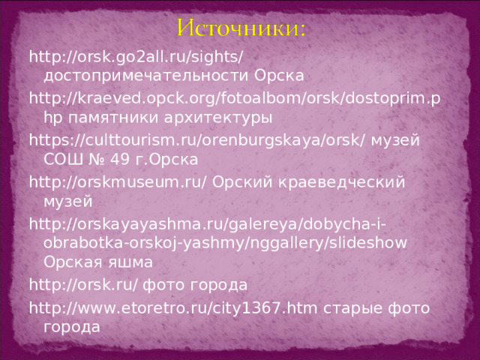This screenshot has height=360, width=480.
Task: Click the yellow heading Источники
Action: pos(241,28)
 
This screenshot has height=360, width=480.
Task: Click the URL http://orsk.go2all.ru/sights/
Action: pos(136,57)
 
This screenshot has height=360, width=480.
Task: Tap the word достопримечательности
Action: pos(145,76)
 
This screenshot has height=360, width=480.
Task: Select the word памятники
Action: pos(112,118)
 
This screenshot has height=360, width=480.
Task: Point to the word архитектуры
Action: pos(218,118)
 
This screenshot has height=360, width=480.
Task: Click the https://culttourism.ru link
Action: pos(197,140)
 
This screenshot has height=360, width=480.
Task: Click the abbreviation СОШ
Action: pos(63,159)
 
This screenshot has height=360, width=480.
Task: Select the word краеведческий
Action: pos(342,182)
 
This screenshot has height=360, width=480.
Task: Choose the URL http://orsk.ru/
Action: pos(83,285)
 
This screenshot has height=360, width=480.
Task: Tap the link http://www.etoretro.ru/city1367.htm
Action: pos(173,308)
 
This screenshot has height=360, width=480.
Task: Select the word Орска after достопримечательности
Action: pos(279,76)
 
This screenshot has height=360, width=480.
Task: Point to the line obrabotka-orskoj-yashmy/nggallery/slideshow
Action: pos(225,243)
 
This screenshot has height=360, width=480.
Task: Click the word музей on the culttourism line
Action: pos(395,141)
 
